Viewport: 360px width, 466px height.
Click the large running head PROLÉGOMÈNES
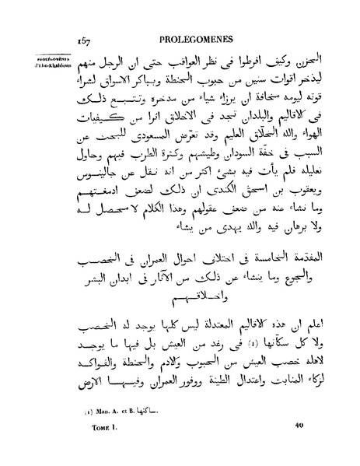(x=201, y=37)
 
